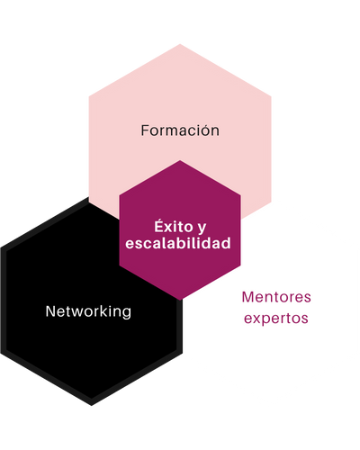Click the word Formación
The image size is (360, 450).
click(x=180, y=130)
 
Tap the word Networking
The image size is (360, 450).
click(x=88, y=312)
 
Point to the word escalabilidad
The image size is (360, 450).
click(x=178, y=243)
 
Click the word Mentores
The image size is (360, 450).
click(x=276, y=297)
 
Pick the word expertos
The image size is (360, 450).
click(x=276, y=319)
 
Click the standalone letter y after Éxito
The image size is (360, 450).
click(x=202, y=229)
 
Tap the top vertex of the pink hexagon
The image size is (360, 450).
click(x=180, y=44)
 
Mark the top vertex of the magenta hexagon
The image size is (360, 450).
click(x=180, y=160)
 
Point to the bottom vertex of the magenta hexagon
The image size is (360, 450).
click(x=180, y=301)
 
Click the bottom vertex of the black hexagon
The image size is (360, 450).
click(x=92, y=406)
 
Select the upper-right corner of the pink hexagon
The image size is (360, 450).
click(x=271, y=96)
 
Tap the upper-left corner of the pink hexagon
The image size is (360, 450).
click(x=89, y=96)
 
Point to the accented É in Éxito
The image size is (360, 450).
click(x=159, y=226)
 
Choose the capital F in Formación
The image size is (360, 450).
click(x=145, y=130)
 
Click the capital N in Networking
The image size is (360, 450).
click(x=50, y=311)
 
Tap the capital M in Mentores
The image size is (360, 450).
click(x=248, y=297)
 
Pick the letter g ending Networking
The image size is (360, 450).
click(x=127, y=314)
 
